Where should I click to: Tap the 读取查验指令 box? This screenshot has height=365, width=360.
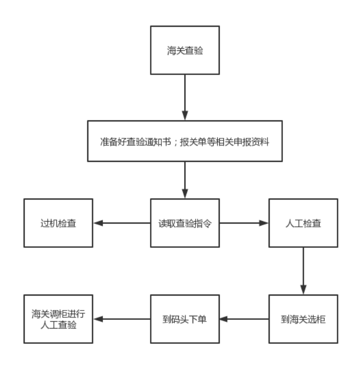click(x=184, y=224)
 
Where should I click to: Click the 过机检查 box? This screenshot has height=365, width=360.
click(x=58, y=224)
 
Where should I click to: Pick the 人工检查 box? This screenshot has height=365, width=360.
click(x=304, y=224)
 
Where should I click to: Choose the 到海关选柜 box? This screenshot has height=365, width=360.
click(x=304, y=319)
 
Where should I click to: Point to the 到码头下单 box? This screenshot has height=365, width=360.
click(x=184, y=319)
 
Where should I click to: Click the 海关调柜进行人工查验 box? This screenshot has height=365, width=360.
click(x=58, y=319)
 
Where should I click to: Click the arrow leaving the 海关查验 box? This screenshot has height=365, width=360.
click(x=184, y=98)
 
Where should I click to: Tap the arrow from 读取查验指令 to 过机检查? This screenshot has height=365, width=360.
click(x=121, y=224)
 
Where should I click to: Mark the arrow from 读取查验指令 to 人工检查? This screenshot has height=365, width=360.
click(x=244, y=224)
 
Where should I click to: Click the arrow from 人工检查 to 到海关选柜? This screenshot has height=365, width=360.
click(x=304, y=270)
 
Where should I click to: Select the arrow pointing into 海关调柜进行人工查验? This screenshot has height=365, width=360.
click(x=121, y=319)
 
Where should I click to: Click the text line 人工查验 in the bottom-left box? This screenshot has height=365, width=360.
click(x=58, y=324)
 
